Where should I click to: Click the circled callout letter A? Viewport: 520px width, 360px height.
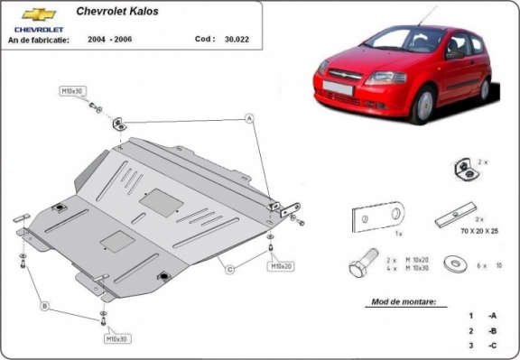[249, 119]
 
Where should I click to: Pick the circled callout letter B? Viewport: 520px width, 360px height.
[43, 305]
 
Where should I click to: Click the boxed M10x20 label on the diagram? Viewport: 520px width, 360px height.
[280, 267]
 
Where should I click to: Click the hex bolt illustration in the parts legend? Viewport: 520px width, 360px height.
[361, 267]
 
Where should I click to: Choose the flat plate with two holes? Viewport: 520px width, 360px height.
[377, 217]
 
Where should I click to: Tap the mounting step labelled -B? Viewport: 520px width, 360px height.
[491, 330]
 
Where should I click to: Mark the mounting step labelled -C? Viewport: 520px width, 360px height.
[491, 346]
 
